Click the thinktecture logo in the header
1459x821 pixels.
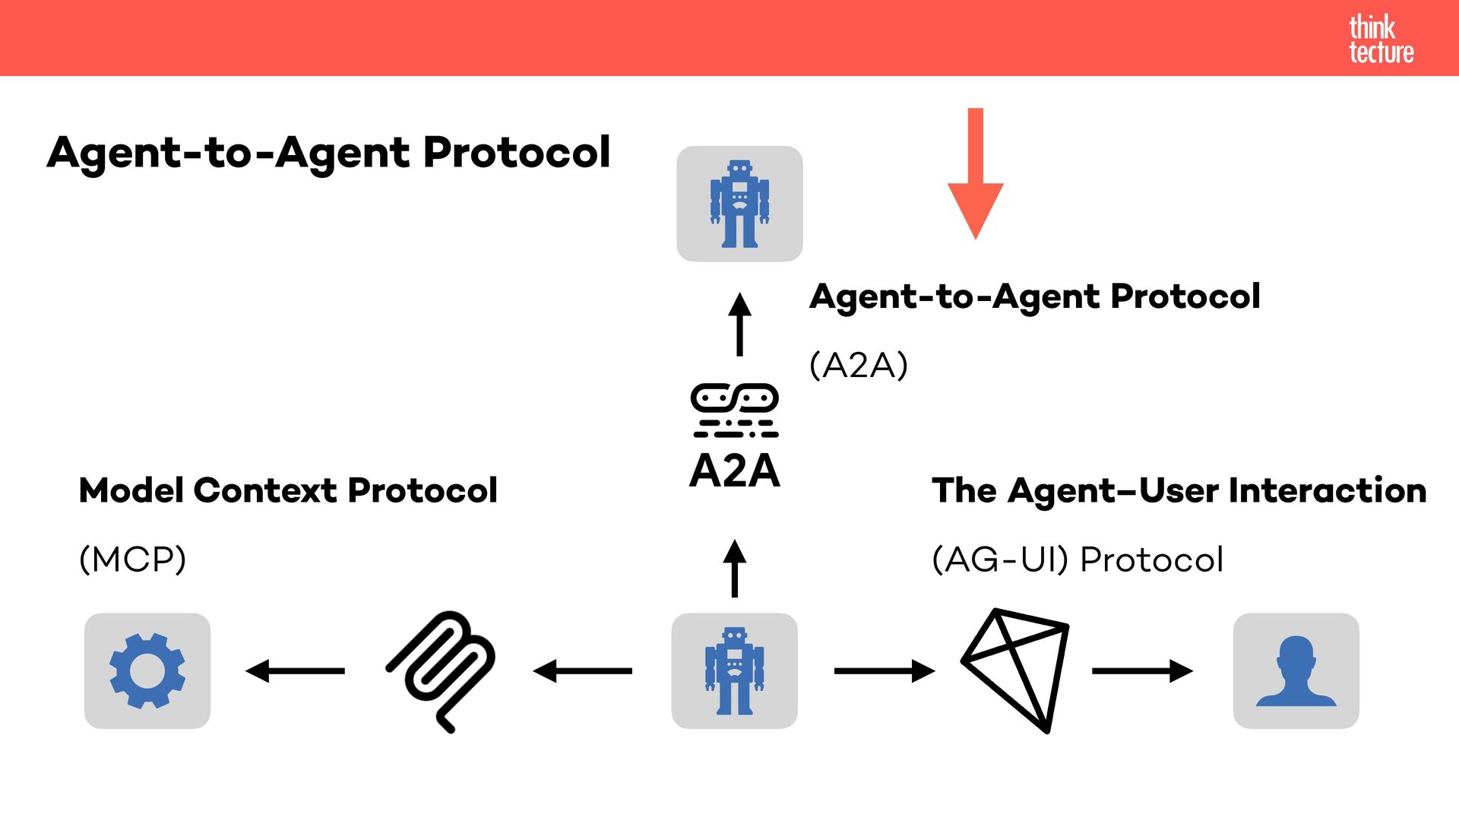click(1381, 39)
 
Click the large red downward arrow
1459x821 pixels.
click(976, 175)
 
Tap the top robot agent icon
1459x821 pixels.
click(739, 204)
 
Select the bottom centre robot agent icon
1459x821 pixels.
click(734, 670)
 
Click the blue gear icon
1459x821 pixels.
click(147, 670)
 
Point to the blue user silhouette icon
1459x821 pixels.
click(1296, 670)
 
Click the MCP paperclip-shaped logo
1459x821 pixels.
click(441, 670)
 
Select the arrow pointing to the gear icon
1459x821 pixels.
click(295, 670)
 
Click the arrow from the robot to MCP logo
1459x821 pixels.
click(583, 670)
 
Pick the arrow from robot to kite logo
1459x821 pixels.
click(884, 670)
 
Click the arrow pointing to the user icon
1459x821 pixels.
click(1142, 670)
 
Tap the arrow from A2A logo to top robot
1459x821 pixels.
click(739, 325)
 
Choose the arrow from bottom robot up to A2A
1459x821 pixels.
click(734, 569)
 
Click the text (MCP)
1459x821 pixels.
click(133, 559)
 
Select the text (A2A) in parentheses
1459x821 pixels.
click(859, 366)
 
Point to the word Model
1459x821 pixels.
click(131, 490)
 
